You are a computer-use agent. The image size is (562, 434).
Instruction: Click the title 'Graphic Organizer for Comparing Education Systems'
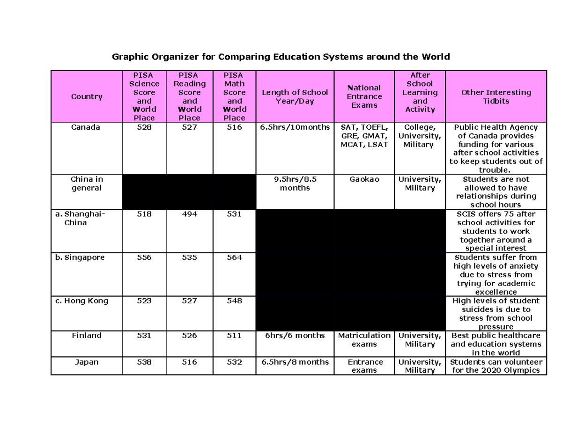coord(281,57)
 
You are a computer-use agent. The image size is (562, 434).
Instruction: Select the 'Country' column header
coord(87,96)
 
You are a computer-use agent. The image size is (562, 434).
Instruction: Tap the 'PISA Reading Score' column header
coord(190,96)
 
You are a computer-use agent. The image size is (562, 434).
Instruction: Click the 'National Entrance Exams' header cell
coord(364,96)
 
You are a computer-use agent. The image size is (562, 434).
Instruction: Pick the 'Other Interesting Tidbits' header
coord(496,96)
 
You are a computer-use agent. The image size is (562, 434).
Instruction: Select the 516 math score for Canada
coord(234,127)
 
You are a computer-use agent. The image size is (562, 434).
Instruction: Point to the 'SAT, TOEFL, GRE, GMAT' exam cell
coord(364,136)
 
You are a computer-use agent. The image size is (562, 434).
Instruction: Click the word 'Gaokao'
coord(364,179)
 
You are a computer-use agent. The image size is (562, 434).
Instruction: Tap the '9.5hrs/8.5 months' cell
coord(295,184)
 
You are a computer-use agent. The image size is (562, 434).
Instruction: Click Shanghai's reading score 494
coord(190,214)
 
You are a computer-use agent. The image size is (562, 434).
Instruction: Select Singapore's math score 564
coord(234,257)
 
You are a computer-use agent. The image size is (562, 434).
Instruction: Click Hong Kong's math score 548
coord(234,301)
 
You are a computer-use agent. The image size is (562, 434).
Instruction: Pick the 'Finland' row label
coord(87,335)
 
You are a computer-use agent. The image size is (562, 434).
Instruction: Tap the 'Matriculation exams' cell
coord(364,340)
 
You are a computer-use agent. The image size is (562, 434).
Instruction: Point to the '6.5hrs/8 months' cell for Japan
coord(295,362)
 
